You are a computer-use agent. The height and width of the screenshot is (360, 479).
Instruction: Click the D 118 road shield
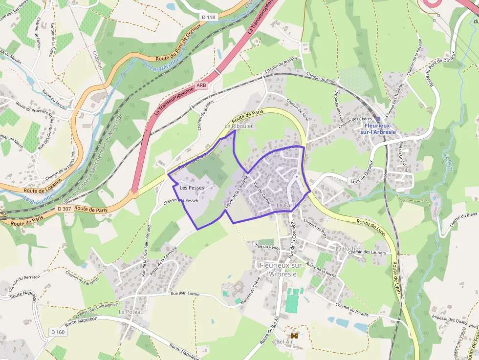click(208, 17)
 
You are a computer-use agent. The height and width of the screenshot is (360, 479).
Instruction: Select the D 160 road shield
click(57, 332)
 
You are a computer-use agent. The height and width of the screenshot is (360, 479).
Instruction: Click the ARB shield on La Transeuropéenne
click(201, 85)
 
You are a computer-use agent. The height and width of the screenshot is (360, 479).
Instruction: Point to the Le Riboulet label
click(235, 126)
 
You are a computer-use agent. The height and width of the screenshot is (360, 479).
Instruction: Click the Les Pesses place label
click(192, 188)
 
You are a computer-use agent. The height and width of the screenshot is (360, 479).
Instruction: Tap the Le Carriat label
click(287, 206)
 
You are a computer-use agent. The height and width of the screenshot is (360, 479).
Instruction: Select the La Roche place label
click(347, 248)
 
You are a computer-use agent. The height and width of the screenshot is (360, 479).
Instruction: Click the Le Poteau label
click(131, 311)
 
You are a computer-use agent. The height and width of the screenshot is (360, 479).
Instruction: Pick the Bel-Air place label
click(284, 341)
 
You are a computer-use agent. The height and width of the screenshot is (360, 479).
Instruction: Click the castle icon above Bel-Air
click(294, 336)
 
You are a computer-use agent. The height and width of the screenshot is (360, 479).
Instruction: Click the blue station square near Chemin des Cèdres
click(378, 119)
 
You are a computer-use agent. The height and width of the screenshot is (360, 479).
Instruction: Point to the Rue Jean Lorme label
click(185, 294)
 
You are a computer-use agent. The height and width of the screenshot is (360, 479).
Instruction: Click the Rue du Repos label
click(267, 247)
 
